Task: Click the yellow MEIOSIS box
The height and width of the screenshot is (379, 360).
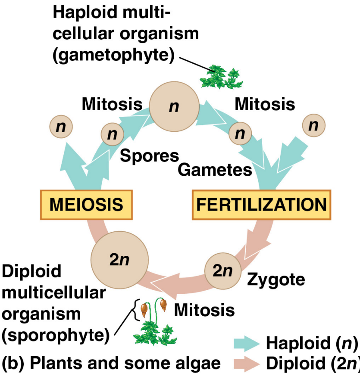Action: [x=86, y=205]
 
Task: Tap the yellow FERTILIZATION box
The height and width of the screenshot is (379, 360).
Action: [x=261, y=205]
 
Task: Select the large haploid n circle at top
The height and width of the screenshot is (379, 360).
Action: [x=174, y=106]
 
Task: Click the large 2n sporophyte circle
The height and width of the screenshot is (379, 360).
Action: [x=119, y=260]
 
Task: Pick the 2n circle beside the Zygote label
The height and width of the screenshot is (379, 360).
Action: [x=222, y=271]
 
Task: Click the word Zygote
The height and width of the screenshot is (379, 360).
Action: [x=276, y=280]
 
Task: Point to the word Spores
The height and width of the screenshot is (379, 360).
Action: [x=149, y=156]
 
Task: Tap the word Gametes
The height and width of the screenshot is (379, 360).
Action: [x=215, y=170]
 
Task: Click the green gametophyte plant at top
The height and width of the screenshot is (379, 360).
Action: [x=220, y=77]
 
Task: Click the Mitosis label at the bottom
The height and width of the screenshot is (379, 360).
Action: [x=204, y=310]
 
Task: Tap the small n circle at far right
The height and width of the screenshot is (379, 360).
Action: [x=313, y=125]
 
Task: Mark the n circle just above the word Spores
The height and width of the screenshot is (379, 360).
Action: [x=113, y=134]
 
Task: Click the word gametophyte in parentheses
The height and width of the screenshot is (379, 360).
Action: [x=113, y=55]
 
